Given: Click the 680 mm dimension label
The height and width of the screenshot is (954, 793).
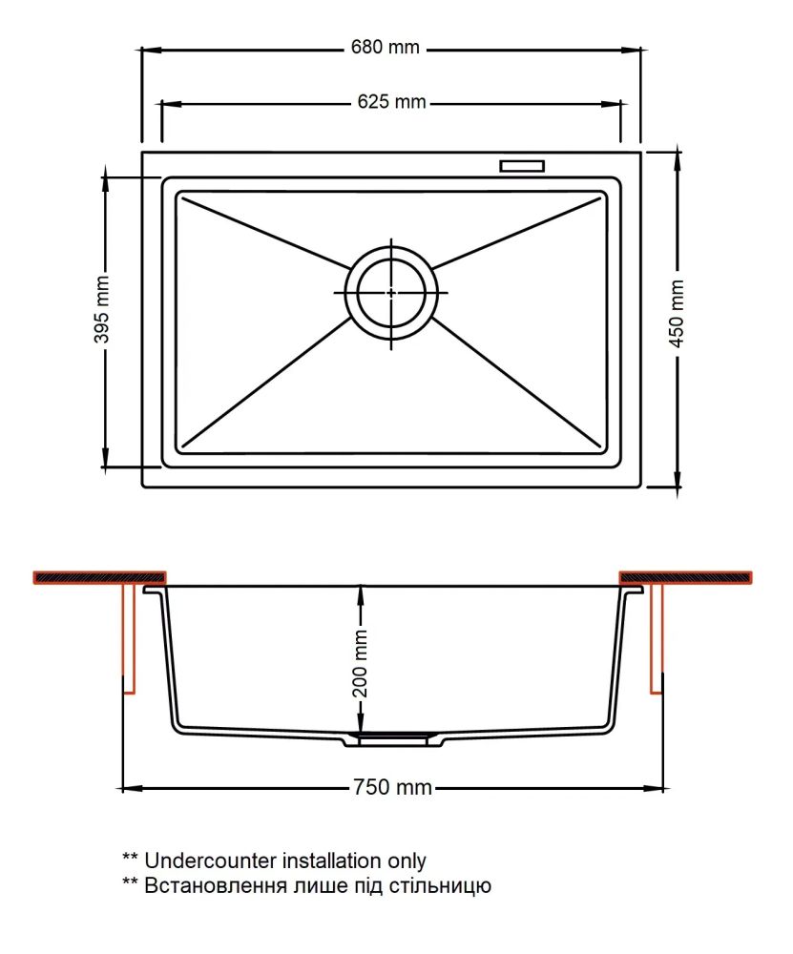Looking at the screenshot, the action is click(x=385, y=48).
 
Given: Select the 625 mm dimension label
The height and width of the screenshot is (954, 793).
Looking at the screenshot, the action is click(x=391, y=102).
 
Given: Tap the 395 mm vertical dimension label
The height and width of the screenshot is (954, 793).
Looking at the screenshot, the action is click(x=102, y=309).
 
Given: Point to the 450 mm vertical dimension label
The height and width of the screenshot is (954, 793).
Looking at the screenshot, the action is click(x=677, y=314).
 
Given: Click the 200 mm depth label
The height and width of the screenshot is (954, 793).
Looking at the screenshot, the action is click(x=361, y=663).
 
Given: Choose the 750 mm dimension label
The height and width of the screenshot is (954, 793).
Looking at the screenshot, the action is click(x=392, y=787).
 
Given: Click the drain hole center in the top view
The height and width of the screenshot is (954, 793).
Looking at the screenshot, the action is click(x=390, y=293).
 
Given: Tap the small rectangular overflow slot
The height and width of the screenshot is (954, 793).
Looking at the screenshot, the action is click(x=522, y=165).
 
